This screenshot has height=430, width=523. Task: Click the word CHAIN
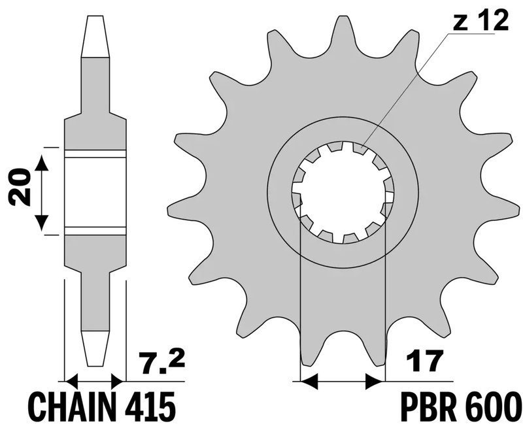(61, 406)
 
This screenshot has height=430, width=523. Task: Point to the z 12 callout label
(479, 22)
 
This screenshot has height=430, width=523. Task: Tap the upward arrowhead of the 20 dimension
(41, 163)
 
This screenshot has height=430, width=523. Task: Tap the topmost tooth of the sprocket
(341, 29)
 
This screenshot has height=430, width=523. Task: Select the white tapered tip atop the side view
(95, 37)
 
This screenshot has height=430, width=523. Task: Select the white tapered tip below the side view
(95, 346)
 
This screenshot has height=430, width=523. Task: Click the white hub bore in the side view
(95, 192)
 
